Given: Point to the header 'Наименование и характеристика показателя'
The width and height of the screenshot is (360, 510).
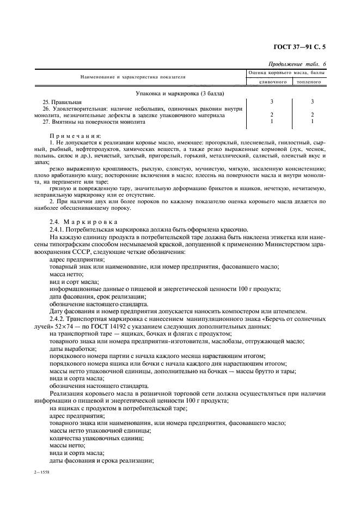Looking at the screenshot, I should [x=133, y=77].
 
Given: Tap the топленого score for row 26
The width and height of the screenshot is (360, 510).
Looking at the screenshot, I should [x=312, y=115].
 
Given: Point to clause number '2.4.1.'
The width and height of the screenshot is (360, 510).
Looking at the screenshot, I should [x=58, y=230].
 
